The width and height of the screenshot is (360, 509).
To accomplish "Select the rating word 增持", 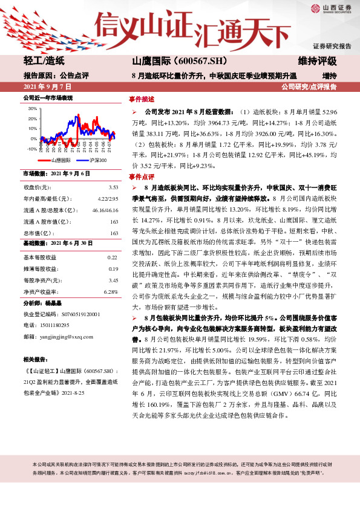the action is tap(329, 76).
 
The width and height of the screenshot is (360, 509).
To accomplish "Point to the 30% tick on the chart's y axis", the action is tap(31, 109).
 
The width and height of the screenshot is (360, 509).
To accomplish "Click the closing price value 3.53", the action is tap(113, 189).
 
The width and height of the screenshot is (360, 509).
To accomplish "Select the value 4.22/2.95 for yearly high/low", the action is tap(108, 198).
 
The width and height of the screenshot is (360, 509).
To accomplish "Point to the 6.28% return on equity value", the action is tap(110, 291).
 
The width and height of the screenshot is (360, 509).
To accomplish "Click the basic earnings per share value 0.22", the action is tap(113, 258).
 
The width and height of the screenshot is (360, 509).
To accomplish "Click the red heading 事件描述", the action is tap(142, 99).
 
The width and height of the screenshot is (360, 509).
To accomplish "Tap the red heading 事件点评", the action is tap(142, 177).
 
